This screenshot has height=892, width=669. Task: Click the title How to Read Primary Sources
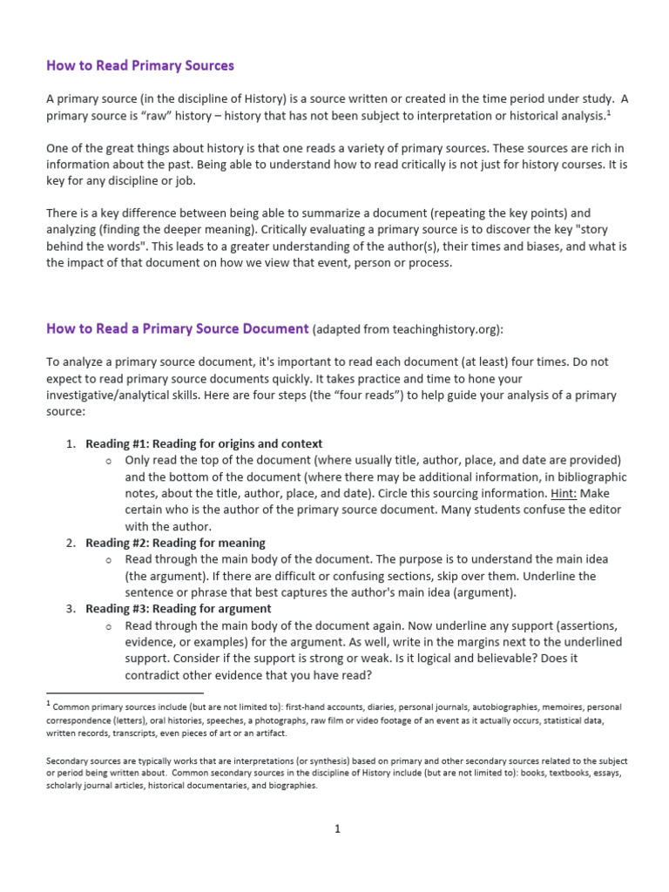(140, 65)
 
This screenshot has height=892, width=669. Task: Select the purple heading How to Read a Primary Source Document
(177, 328)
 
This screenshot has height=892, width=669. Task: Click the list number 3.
(71, 609)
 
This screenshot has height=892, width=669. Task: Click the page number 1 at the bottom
(336, 828)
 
